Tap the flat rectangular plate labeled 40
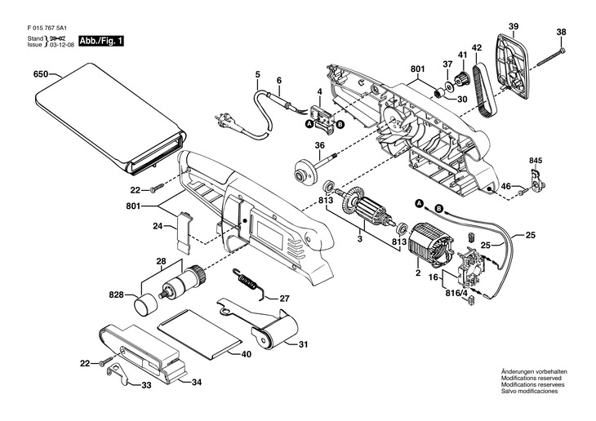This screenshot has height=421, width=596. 201,332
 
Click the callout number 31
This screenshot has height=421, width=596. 303,344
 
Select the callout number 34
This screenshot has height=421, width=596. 196,382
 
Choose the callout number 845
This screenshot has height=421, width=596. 535,160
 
